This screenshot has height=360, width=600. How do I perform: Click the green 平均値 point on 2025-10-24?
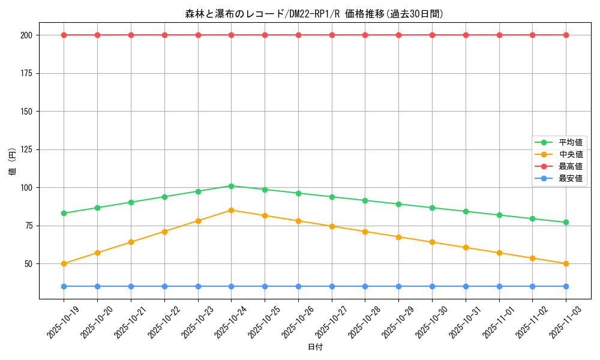pyautogui.click(x=231, y=186)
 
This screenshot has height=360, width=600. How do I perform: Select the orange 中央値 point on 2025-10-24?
pyautogui.click(x=231, y=210)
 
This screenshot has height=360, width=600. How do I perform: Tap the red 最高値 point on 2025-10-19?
pyautogui.click(x=64, y=35)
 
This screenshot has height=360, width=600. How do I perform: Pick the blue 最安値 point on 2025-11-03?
pyautogui.click(x=566, y=286)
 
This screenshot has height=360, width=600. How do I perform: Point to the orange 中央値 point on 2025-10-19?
pyautogui.click(x=64, y=263)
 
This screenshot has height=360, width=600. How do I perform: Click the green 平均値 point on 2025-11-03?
pyautogui.click(x=566, y=223)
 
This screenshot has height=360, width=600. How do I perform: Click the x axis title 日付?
pyautogui.click(x=315, y=347)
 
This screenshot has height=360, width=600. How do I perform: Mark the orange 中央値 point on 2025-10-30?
pyautogui.click(x=432, y=242)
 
